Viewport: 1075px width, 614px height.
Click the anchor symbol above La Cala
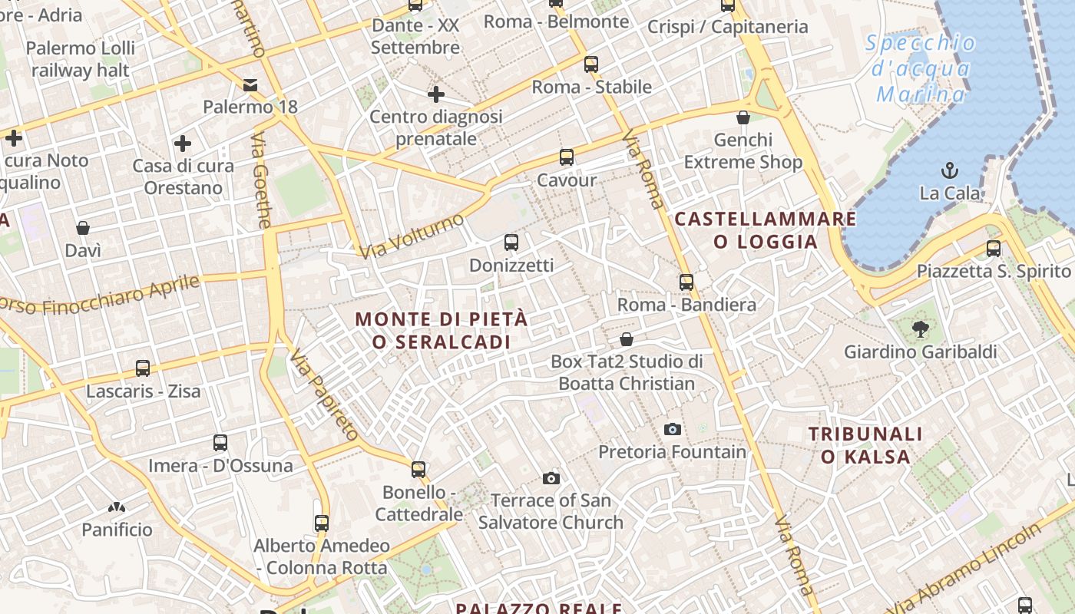(950, 170)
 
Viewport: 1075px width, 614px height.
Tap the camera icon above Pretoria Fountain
(673, 429)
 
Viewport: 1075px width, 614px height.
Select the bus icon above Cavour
(567, 157)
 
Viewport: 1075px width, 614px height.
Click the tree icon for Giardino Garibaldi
(920, 329)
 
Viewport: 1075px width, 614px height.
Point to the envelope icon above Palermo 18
(250, 84)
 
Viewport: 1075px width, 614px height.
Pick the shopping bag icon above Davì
(83, 228)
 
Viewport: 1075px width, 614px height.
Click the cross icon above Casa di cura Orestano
(183, 144)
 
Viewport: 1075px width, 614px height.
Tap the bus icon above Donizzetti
(511, 243)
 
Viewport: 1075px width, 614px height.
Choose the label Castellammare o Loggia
(765, 230)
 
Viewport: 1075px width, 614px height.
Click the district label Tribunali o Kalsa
(865, 445)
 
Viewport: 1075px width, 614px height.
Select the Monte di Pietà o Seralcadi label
(442, 330)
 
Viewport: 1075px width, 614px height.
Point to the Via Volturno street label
(412, 236)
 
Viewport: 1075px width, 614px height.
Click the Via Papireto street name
(323, 393)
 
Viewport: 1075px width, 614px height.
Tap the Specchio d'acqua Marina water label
(921, 69)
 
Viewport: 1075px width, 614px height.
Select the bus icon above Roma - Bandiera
(686, 282)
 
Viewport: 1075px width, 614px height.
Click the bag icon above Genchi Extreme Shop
(743, 117)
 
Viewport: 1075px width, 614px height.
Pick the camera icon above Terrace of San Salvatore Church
(551, 478)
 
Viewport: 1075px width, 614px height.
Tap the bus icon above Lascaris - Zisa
(143, 368)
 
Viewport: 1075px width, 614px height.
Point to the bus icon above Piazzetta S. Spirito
(994, 248)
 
